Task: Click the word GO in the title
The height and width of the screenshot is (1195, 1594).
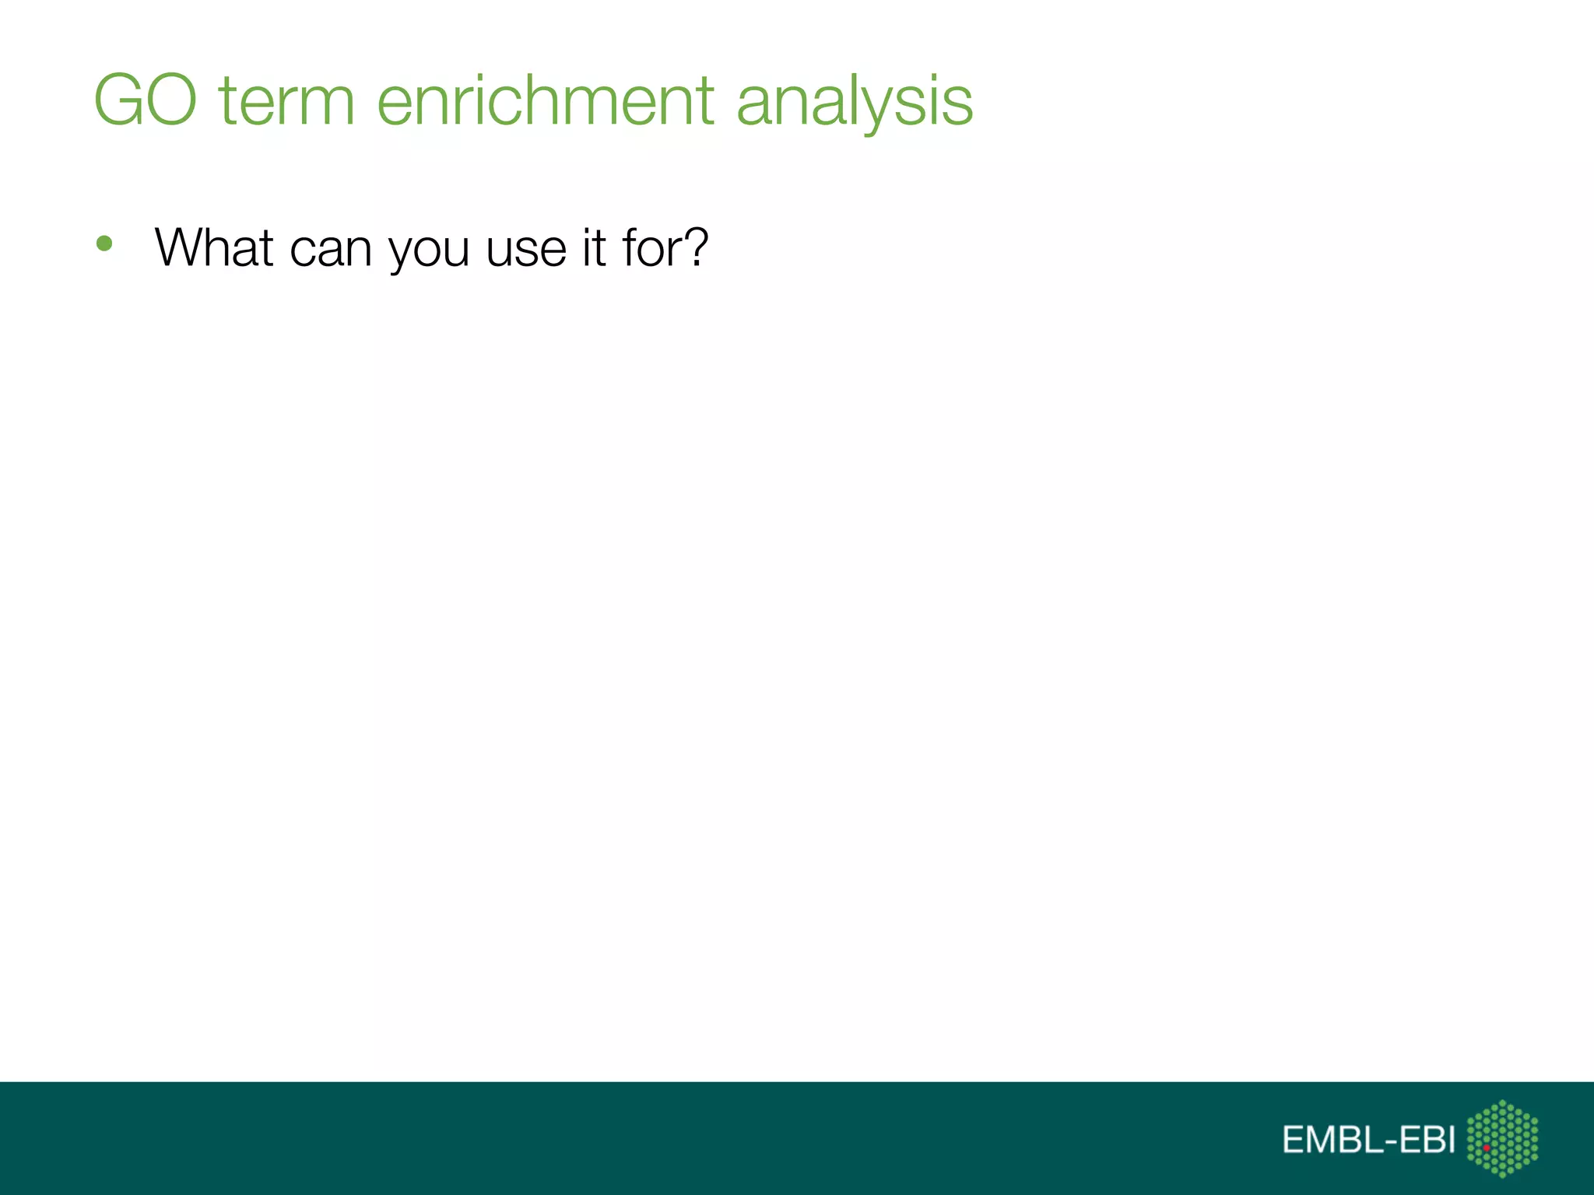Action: (x=146, y=100)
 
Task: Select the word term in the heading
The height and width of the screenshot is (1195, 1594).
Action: (x=286, y=100)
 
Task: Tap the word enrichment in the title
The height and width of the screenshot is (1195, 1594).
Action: (x=546, y=100)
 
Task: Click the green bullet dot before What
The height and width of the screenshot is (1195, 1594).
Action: (x=104, y=244)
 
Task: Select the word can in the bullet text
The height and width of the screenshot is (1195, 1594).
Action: (x=330, y=249)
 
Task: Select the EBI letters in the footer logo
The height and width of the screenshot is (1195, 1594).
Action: (x=1426, y=1140)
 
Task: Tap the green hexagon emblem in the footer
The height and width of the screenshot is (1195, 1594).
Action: (x=1502, y=1138)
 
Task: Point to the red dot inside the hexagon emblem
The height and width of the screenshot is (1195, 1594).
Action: (x=1487, y=1148)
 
